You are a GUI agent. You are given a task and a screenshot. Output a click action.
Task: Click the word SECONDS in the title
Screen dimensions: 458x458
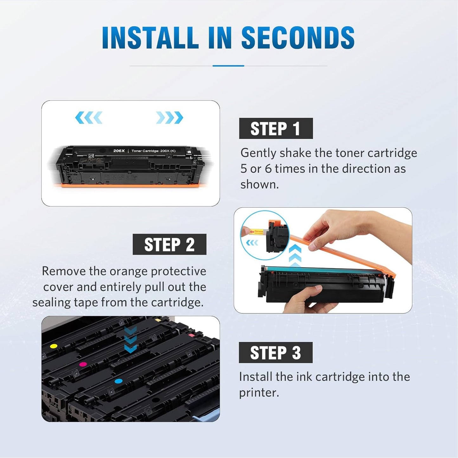point(298,38)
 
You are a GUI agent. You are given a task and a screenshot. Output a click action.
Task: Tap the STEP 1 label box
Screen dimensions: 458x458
point(276,128)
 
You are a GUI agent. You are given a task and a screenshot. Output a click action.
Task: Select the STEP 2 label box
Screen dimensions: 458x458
point(169,244)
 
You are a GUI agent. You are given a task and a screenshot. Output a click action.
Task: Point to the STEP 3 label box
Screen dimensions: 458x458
point(275,352)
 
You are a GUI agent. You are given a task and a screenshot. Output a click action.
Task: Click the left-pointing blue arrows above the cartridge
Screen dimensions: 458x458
point(89,118)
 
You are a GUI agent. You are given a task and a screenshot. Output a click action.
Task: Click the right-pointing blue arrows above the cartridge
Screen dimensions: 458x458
point(170,118)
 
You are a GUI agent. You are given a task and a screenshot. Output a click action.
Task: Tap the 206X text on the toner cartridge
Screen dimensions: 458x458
point(119,151)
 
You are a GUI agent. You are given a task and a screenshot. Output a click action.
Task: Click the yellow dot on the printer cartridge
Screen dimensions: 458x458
point(54,346)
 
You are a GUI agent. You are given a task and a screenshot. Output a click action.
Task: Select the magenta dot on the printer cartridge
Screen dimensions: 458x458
point(83,364)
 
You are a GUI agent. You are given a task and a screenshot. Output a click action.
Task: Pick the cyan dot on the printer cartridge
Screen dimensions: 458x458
point(119,381)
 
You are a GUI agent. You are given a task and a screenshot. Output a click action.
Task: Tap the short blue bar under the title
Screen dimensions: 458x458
point(228,66)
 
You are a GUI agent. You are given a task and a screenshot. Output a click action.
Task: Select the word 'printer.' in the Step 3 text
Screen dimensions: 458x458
point(259,393)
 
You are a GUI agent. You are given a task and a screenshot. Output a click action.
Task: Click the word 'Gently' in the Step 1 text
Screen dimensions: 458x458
point(258,153)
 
